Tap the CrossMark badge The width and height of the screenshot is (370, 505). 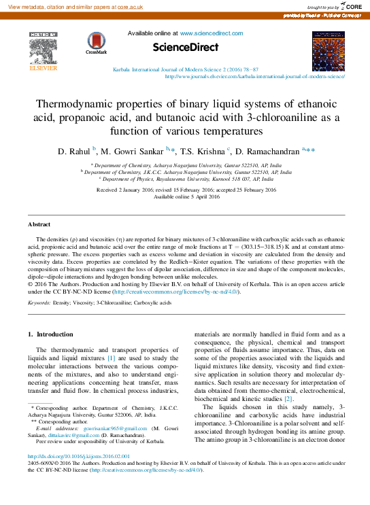[97, 45]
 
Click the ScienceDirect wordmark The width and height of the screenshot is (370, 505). [185, 47]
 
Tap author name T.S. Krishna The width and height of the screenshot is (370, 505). [202, 150]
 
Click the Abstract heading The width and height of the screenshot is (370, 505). [39, 224]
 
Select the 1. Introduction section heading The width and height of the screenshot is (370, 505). [50, 334]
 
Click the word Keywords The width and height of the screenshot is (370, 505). [40, 300]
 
